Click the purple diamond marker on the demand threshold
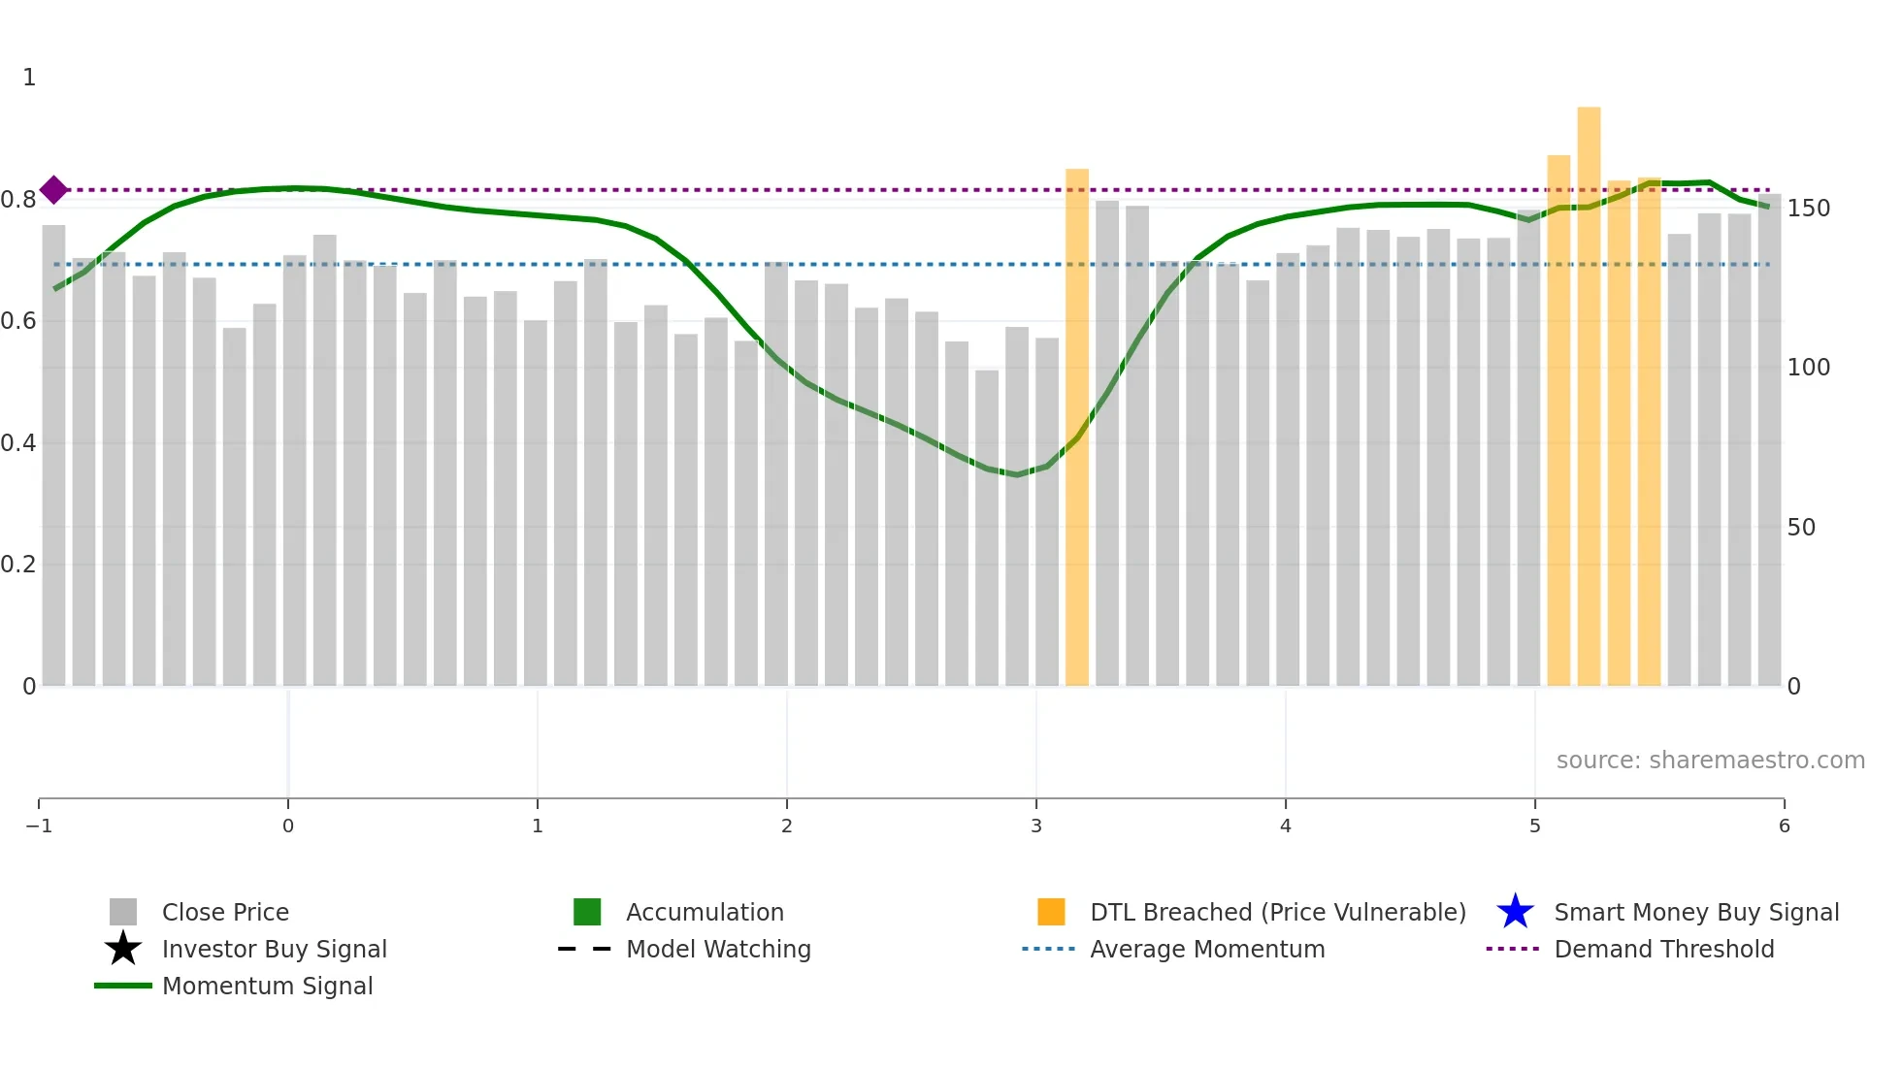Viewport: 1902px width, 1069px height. [54, 190]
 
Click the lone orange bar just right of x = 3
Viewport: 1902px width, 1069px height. [1077, 427]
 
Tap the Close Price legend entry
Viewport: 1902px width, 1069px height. [225, 912]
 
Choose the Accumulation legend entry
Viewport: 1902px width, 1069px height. [705, 912]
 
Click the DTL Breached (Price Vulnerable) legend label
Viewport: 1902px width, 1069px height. [1277, 912]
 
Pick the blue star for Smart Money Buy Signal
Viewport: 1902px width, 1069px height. [1515, 912]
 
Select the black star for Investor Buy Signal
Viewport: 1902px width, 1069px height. [123, 949]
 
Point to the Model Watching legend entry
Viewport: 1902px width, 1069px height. [718, 949]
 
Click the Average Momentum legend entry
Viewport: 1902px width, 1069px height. [1207, 949]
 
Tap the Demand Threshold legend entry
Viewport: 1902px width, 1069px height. [1663, 949]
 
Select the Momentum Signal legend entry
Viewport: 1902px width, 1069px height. [267, 986]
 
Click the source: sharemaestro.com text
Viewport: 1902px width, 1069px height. [1710, 761]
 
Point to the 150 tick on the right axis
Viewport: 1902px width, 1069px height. [1809, 209]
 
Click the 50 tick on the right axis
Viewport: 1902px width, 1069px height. [1801, 528]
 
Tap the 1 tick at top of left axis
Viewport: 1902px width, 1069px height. [29, 78]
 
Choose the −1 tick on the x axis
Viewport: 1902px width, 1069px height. [39, 826]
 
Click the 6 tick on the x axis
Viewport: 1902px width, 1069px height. [1784, 826]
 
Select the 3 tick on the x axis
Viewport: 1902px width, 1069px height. [1036, 826]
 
